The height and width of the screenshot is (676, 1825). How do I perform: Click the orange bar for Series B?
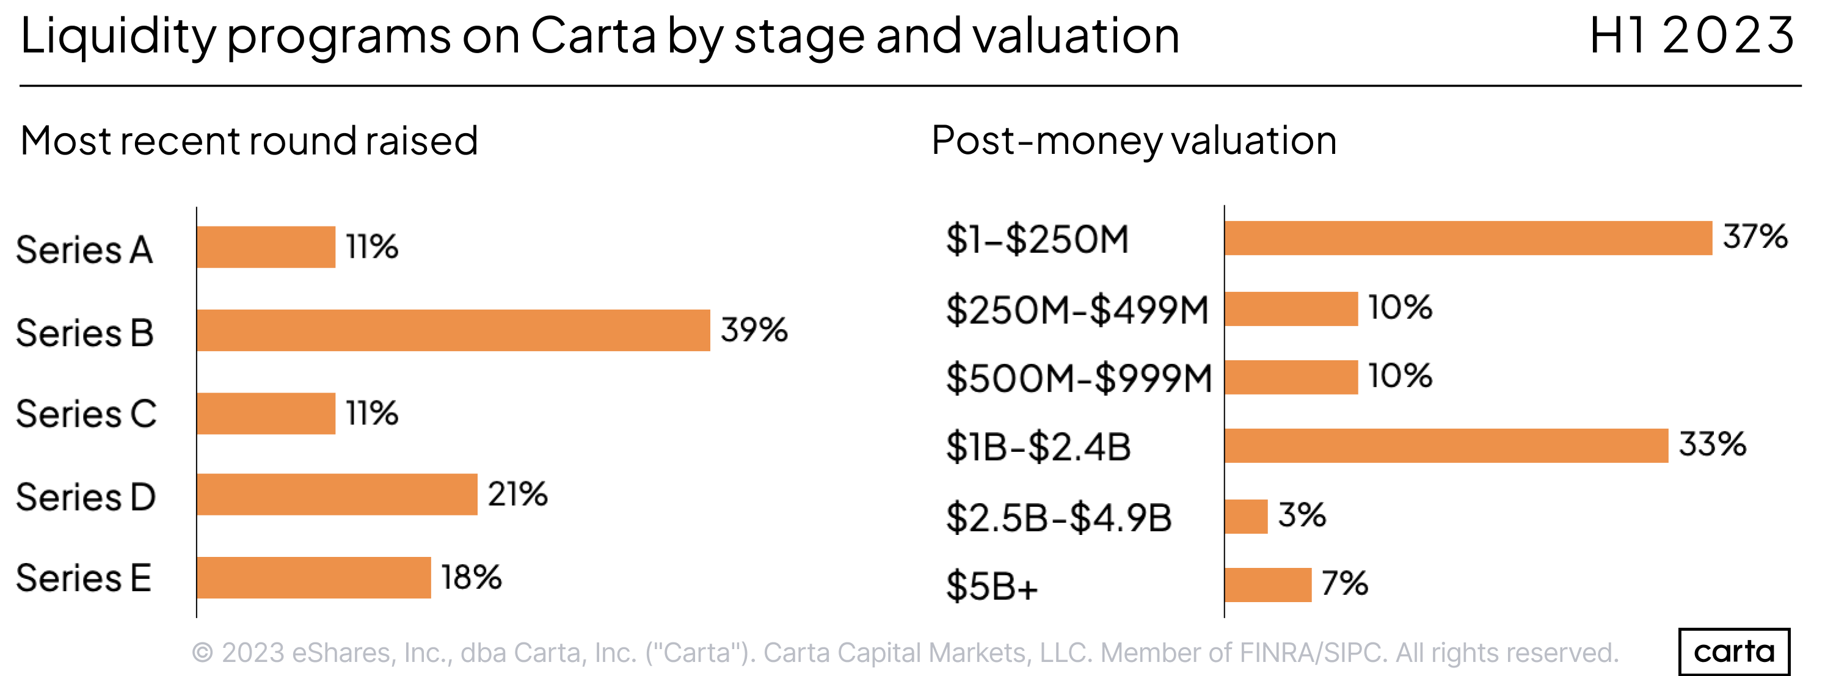453,330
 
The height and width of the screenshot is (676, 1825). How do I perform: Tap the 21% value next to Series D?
517,494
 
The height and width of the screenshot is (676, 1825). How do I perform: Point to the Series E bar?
314,578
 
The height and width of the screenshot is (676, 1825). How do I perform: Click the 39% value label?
754,330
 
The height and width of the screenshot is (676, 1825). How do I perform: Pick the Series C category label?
86,414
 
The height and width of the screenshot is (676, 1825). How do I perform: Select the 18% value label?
471,577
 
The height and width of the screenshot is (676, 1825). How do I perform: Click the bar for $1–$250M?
1468,238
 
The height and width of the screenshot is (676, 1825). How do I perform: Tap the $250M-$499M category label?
1077,310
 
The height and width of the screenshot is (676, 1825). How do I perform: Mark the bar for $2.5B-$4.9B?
1246,517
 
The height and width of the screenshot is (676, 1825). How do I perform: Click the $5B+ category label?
992,586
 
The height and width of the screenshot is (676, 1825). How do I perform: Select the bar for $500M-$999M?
1291,377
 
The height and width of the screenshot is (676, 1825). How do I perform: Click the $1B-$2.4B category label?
1038,447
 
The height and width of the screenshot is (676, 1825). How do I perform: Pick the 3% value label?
1302,515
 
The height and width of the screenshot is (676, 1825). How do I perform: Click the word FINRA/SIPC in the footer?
1311,653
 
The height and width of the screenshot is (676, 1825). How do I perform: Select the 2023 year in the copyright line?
253,653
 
